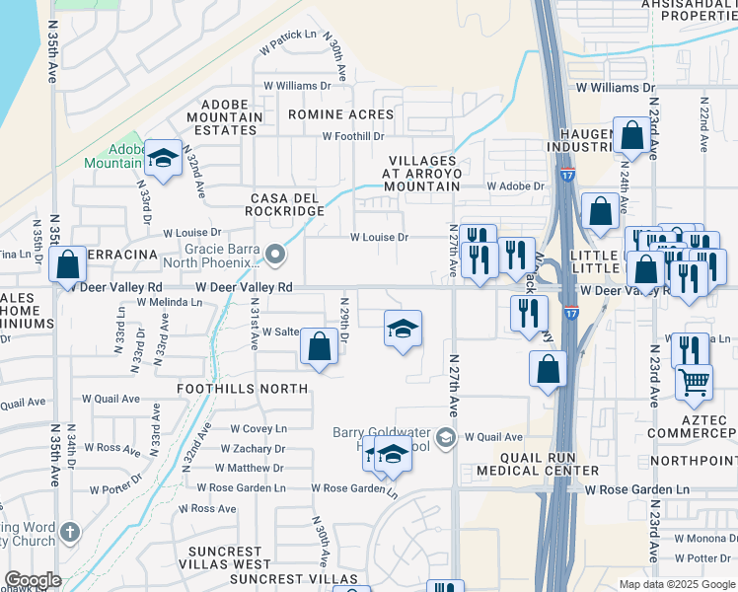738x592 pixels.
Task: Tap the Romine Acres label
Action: tap(340, 114)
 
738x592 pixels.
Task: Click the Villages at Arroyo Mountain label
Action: tap(422, 173)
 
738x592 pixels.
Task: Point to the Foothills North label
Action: tap(243, 389)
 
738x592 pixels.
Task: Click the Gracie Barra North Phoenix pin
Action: tap(277, 255)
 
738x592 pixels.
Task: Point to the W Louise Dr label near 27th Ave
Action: tap(379, 237)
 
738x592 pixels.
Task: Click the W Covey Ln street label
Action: tap(258, 428)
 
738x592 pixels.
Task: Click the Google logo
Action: tap(34, 580)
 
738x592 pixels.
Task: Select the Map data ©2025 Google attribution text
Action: tap(676, 583)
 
